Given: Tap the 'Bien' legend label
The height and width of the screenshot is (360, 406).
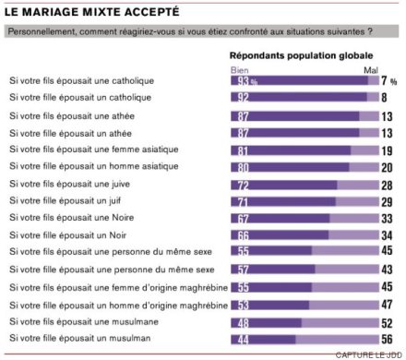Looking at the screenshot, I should [239, 70].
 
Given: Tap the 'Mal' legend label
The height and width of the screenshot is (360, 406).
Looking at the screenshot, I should [372, 70].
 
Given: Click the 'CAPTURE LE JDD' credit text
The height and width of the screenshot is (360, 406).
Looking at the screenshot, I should [367, 354].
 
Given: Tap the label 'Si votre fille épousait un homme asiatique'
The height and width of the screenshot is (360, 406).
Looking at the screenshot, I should [92, 167].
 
